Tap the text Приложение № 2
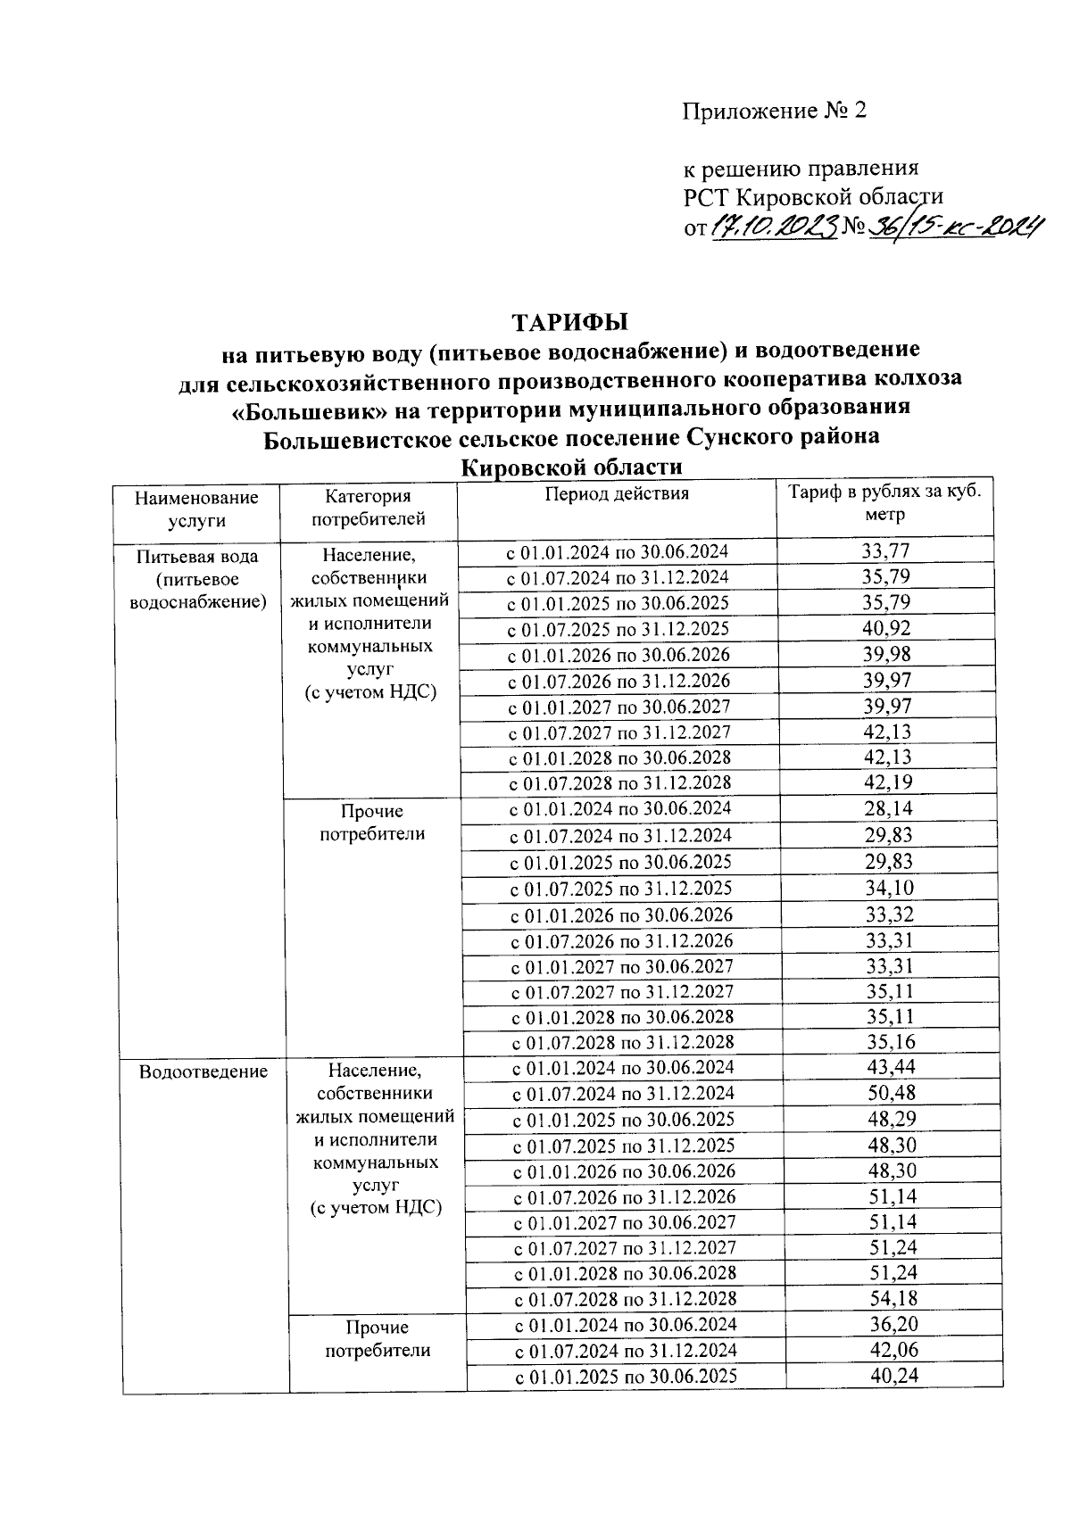[774, 111]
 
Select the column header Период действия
[617, 494]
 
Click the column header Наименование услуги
[196, 509]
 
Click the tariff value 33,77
[886, 551]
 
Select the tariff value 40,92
[886, 628]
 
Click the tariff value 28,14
[888, 809]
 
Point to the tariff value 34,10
[889, 888]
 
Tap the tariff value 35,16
[890, 1042]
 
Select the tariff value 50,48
[891, 1093]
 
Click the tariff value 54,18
[892, 1299]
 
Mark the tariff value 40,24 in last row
[893, 1376]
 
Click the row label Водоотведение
[203, 1071]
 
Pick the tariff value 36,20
[893, 1325]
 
